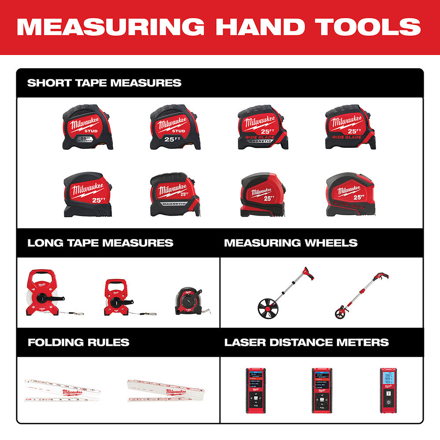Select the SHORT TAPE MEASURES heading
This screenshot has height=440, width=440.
pyautogui.click(x=104, y=83)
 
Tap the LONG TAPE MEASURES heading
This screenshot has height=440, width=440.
pyautogui.click(x=100, y=243)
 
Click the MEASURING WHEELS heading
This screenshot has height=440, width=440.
pyautogui.click(x=291, y=243)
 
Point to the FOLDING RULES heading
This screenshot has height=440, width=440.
pyautogui.click(x=78, y=342)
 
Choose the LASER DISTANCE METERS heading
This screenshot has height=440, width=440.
pyautogui.click(x=307, y=342)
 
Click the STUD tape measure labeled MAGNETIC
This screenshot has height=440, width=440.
pyautogui.click(x=88, y=128)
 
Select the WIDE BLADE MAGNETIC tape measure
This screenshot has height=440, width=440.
pyautogui.click(x=263, y=128)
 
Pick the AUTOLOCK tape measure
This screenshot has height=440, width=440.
pyautogui.click(x=350, y=194)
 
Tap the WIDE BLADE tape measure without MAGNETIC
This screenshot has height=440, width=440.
pyautogui.click(x=350, y=128)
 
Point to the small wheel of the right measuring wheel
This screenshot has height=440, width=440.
pyautogui.click(x=341, y=313)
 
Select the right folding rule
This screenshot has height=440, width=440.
pyautogui.click(x=158, y=391)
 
